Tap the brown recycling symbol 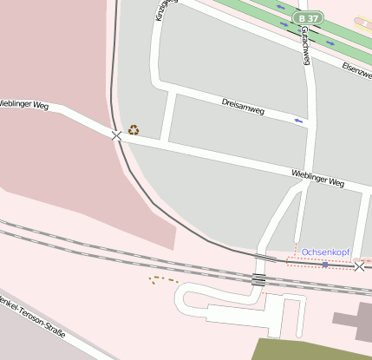coord(134,130)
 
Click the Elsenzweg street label coord(356,70)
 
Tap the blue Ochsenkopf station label coord(325,252)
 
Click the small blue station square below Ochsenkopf coord(325,264)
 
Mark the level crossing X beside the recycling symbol coord(116,135)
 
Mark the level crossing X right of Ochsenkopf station coord(359,266)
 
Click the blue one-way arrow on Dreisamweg coord(299,121)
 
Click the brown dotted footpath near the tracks coord(162,279)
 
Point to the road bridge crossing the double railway coord(258,279)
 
